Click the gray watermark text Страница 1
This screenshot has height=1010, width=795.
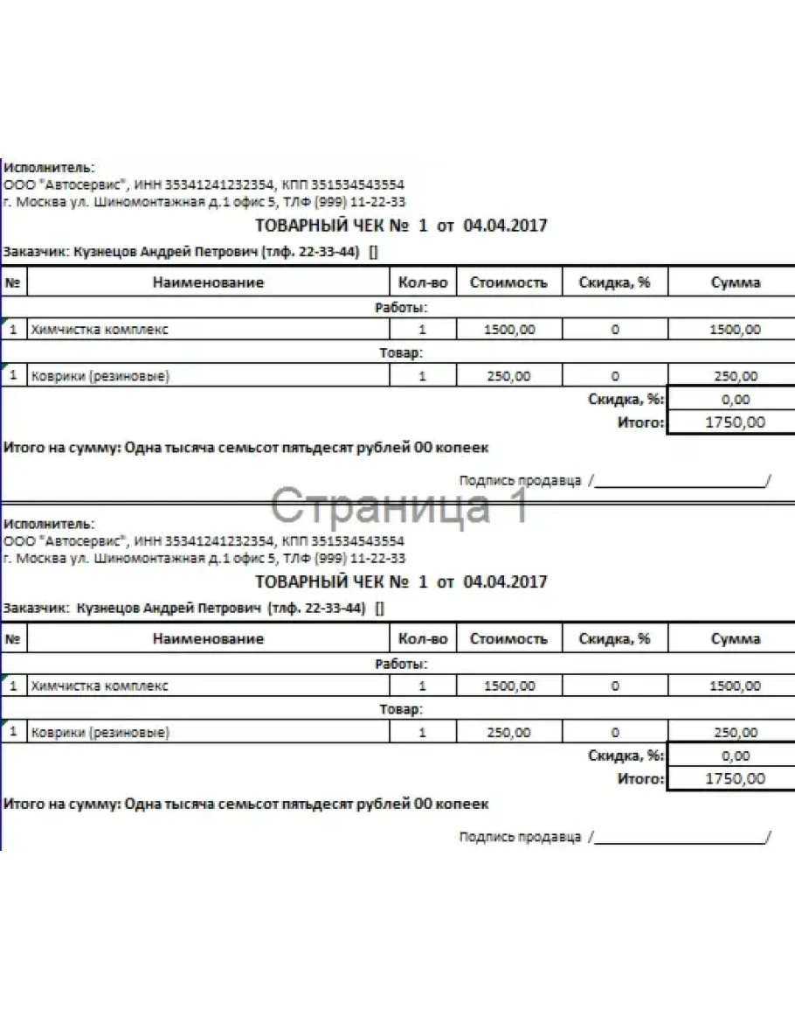click(398, 506)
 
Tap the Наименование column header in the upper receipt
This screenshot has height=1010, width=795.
click(208, 282)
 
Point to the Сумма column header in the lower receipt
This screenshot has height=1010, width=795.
click(736, 638)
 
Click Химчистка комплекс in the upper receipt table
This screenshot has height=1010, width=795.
click(100, 330)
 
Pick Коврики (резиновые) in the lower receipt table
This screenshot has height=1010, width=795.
click(100, 733)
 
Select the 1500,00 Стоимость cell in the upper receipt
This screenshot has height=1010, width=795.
click(508, 330)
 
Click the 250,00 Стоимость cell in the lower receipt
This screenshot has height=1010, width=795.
click(508, 733)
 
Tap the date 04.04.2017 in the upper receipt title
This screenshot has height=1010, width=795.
click(505, 226)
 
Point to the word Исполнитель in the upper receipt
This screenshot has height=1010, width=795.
click(48, 167)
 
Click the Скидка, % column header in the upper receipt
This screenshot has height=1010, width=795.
click(614, 282)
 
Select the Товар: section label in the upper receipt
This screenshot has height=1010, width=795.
click(401, 353)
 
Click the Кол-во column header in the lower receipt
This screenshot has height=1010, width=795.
click(423, 638)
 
